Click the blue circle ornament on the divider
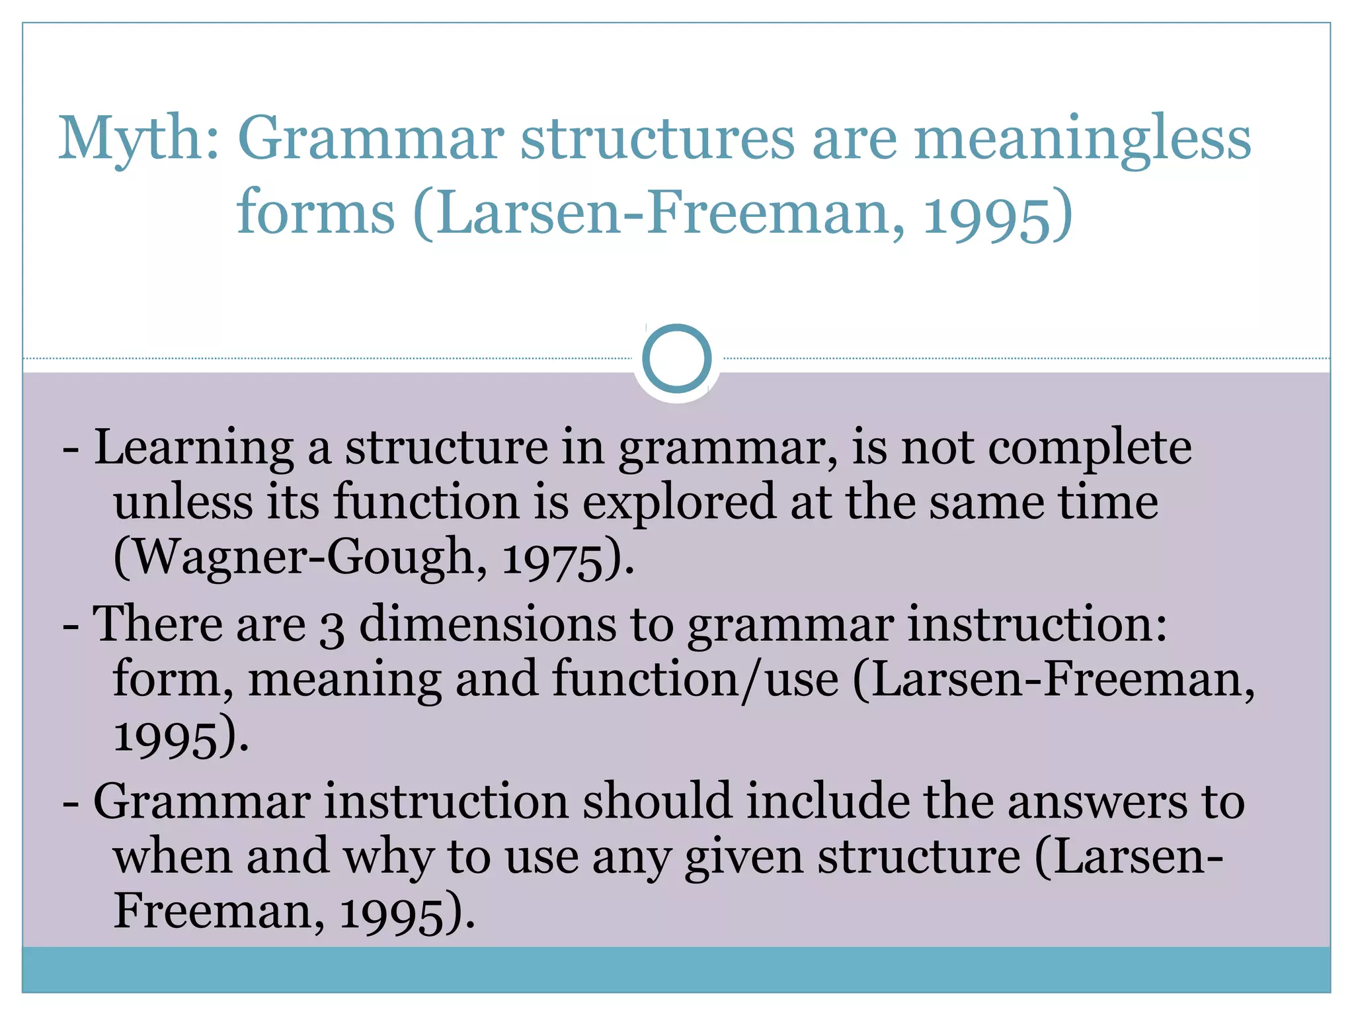676,359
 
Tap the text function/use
695,680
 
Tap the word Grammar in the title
371,139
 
